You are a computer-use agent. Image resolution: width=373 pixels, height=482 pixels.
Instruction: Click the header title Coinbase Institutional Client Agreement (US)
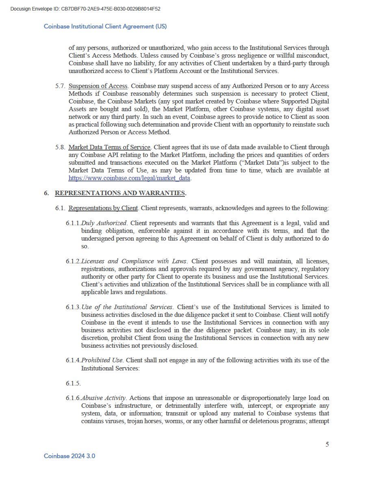(x=105, y=26)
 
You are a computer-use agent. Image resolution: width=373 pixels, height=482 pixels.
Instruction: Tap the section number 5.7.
(x=61, y=86)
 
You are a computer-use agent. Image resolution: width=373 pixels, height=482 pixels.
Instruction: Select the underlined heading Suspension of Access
(x=98, y=86)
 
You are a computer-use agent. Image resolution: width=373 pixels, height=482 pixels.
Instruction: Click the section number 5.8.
(x=61, y=147)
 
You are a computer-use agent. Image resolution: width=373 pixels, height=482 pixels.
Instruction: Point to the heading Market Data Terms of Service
(x=110, y=147)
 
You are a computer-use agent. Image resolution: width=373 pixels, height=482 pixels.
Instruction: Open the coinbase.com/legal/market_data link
(x=130, y=178)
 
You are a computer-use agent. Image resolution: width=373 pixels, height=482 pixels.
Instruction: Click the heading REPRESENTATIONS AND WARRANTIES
(x=120, y=193)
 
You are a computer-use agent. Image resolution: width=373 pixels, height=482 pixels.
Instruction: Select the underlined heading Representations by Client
(x=103, y=208)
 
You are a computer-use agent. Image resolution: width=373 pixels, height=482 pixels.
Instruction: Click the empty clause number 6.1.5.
(x=73, y=383)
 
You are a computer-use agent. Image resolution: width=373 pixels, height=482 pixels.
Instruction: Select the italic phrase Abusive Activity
(x=104, y=398)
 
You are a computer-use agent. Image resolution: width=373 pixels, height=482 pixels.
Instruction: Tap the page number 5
(x=327, y=444)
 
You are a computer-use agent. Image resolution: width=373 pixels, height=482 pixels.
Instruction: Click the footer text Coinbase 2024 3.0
(x=69, y=456)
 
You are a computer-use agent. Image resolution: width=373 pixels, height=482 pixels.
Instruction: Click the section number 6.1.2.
(x=73, y=261)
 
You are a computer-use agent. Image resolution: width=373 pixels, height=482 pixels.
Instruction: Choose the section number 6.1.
(x=61, y=208)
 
